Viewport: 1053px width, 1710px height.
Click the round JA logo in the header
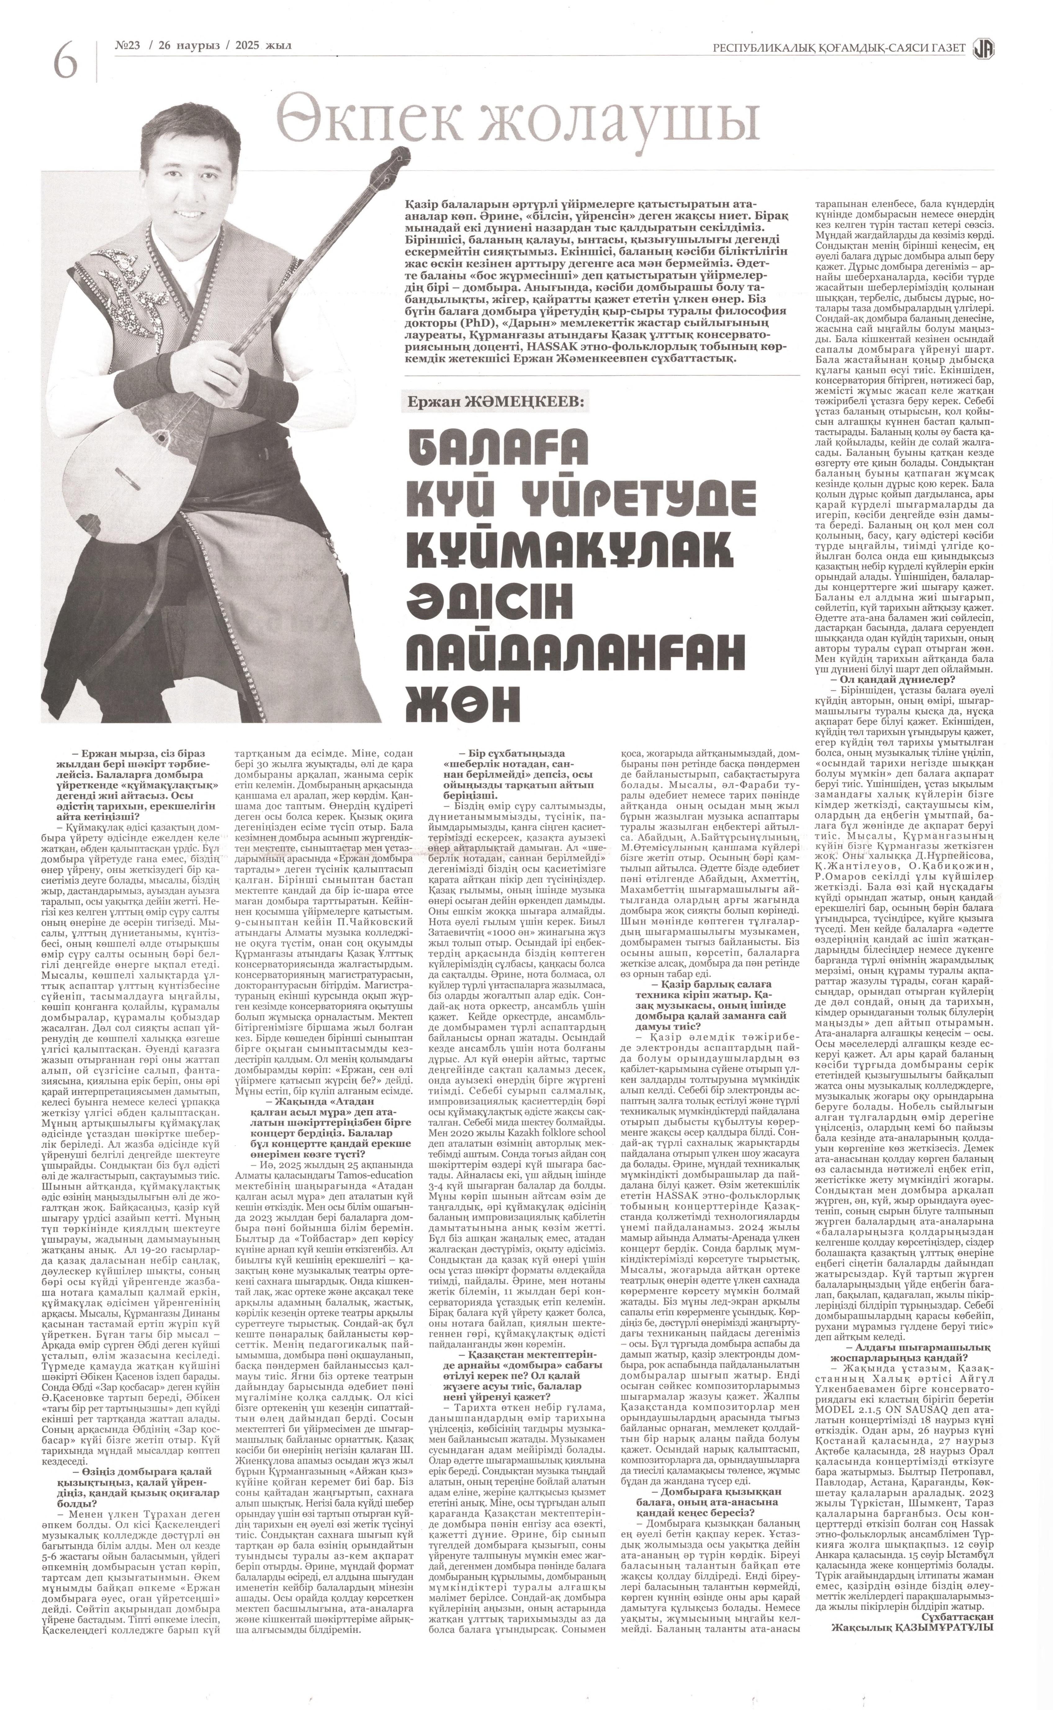(x=984, y=47)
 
